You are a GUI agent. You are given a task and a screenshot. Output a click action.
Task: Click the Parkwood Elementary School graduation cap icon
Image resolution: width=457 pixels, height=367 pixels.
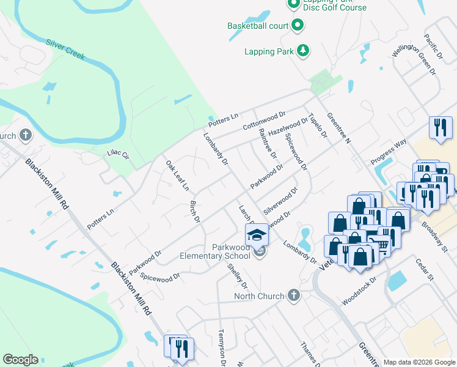(257, 234)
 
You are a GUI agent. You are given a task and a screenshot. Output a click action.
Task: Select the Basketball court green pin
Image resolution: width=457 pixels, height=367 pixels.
(298, 26)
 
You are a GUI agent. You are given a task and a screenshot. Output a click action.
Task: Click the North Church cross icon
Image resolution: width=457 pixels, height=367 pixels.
(293, 296)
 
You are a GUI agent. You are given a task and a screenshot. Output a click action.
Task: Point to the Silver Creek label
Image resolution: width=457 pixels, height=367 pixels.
(65, 50)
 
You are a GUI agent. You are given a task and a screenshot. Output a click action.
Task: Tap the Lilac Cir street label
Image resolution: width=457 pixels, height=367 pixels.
(119, 155)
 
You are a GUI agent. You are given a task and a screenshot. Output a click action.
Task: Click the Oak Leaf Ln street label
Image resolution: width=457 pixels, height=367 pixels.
(177, 175)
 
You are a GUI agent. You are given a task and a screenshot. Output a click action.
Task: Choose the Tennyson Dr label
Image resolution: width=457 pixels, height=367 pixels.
(222, 348)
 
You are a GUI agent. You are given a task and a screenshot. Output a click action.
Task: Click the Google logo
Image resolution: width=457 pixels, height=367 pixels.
(20, 360)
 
